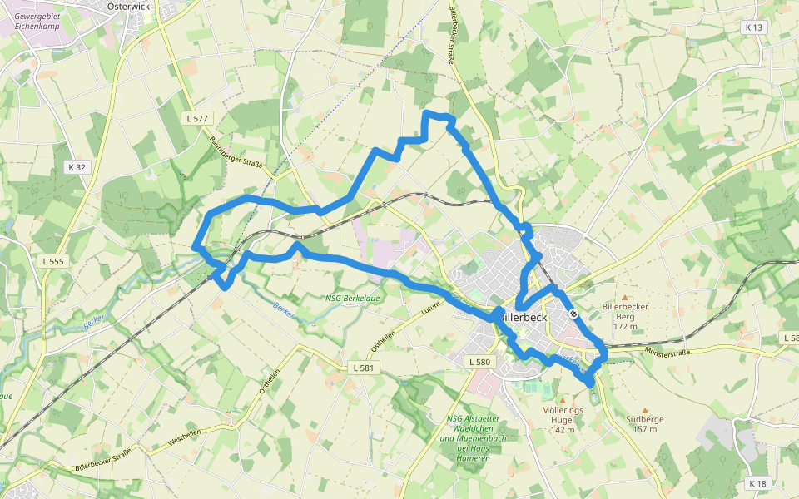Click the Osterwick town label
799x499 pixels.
tap(130, 5)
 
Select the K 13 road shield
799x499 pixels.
tap(753, 27)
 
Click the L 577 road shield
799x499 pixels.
tap(197, 119)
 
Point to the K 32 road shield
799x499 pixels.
tap(77, 167)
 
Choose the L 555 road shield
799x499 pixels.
tap(52, 261)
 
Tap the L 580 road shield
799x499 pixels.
tap(480, 362)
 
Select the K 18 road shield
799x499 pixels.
tap(757, 483)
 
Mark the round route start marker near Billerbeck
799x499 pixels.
tap(574, 314)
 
